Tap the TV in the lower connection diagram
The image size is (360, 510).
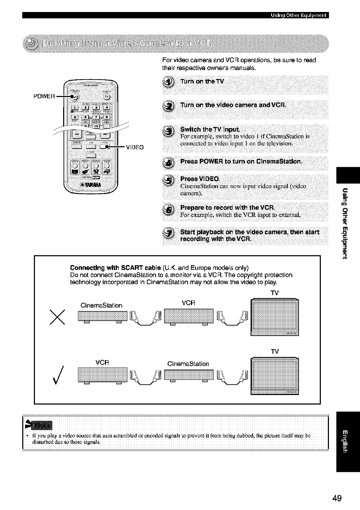[x=274, y=376]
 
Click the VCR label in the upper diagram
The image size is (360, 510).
[x=188, y=303]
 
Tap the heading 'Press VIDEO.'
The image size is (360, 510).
[x=200, y=178]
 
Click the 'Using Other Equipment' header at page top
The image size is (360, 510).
[x=299, y=15]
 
